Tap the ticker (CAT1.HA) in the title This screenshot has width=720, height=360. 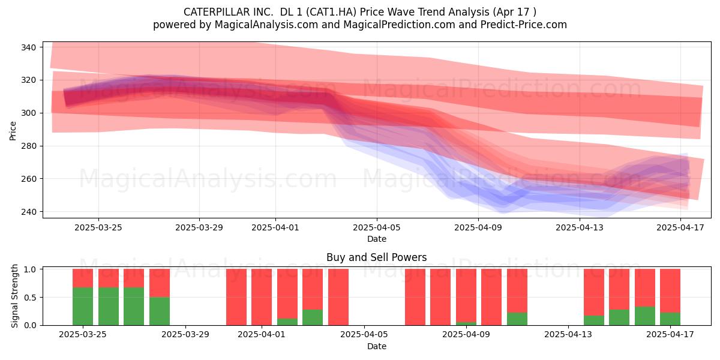click(x=331, y=12)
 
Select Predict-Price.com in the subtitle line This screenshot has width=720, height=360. click(x=524, y=25)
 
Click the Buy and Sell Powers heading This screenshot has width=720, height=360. click(x=376, y=257)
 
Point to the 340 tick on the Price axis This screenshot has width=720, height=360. click(x=28, y=47)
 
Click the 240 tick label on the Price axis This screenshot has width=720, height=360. click(x=28, y=212)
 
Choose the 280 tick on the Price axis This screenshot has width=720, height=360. click(x=28, y=146)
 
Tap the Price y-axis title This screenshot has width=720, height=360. click(x=13, y=131)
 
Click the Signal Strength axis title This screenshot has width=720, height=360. click(x=14, y=296)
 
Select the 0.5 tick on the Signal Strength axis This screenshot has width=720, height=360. click(x=31, y=298)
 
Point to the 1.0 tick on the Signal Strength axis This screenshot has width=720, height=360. click(x=31, y=269)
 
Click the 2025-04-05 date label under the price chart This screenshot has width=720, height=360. click(x=377, y=227)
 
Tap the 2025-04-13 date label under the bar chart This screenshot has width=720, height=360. click(x=568, y=335)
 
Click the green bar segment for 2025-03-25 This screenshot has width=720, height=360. click(x=83, y=307)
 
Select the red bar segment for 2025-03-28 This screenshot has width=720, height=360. click(x=160, y=283)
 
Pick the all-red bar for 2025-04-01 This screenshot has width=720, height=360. click(x=262, y=297)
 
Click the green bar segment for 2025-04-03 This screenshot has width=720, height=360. click(x=313, y=317)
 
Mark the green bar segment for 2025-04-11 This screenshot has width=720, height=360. click(x=517, y=319)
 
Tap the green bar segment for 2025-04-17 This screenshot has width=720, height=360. click(x=670, y=319)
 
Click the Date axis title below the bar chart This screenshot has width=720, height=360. click(x=377, y=347)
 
